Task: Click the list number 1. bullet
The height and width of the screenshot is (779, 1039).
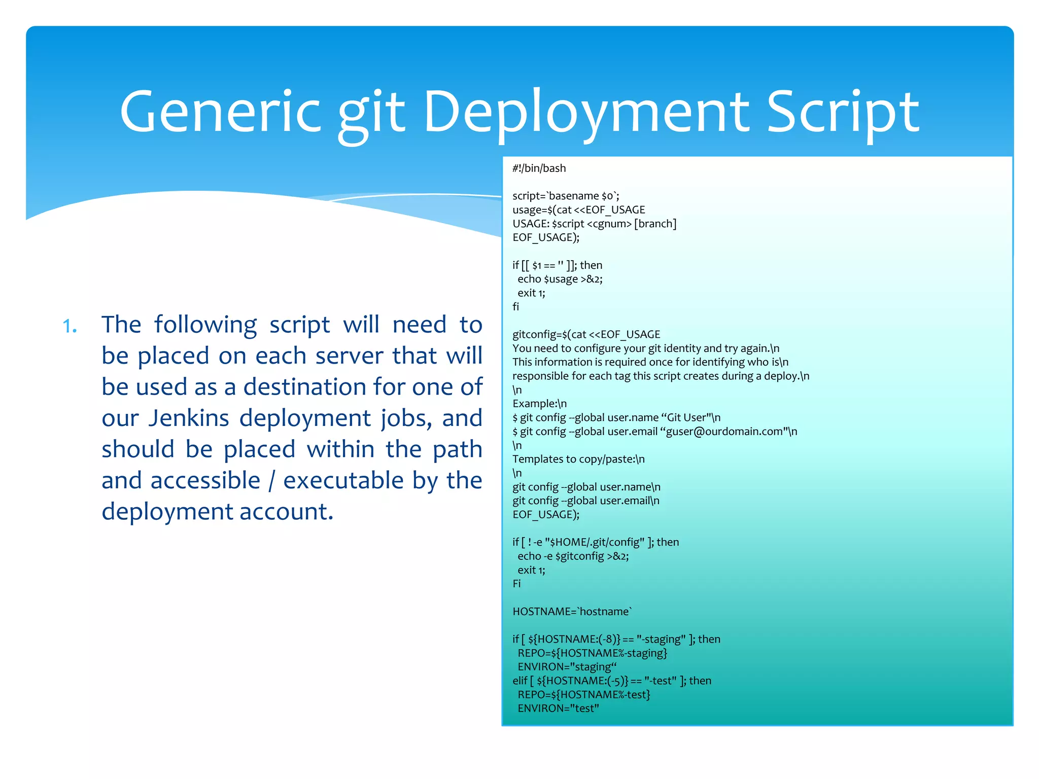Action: pos(70,326)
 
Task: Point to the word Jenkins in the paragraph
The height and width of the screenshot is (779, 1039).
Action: pos(189,418)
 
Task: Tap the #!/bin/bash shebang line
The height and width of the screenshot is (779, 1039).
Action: pos(539,168)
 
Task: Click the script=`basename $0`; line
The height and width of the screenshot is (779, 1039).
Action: pos(565,196)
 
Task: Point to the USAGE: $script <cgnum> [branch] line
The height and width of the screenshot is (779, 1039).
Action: pos(594,224)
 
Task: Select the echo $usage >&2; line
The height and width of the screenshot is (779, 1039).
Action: pos(560,279)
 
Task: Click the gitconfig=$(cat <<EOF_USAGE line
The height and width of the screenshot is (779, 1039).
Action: pos(586,334)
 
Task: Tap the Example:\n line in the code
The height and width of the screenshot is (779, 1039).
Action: pos(539,404)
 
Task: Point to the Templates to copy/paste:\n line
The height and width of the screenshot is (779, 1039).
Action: pos(578,459)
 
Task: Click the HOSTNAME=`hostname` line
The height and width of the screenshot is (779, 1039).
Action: pos(572,612)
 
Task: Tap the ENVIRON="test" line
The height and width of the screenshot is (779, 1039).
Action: pos(558,709)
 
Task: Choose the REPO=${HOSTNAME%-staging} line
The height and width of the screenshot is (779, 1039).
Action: pos(592,653)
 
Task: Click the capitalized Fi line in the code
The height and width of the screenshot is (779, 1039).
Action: pos(516,584)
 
